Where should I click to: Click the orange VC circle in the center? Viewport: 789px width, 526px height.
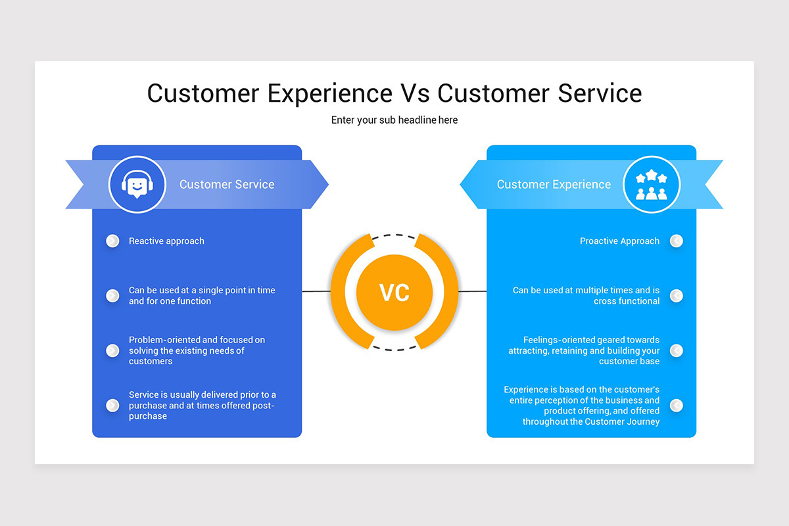tap(394, 293)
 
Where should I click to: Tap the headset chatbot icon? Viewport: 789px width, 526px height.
tap(137, 185)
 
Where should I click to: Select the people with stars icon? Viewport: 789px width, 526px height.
tap(651, 185)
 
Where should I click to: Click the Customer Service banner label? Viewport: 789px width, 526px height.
tap(227, 185)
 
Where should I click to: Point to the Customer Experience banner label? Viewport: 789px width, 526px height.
tap(554, 185)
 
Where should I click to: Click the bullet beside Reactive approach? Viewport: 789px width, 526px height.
tap(112, 241)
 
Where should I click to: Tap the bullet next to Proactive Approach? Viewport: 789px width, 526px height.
tap(676, 241)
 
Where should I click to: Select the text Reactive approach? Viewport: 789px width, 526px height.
tap(166, 241)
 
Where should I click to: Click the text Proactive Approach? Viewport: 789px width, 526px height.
tap(619, 241)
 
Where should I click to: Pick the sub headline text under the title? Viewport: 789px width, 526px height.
tap(394, 120)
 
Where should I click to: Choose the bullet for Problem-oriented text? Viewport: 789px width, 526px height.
tap(112, 350)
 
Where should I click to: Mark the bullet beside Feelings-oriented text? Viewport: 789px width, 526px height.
tap(676, 350)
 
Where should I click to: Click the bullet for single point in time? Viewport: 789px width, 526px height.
tap(112, 296)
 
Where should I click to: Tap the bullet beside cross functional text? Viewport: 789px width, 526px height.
tap(676, 296)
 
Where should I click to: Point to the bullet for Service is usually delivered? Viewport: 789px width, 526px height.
tap(112, 405)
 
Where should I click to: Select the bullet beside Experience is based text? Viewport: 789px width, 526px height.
tap(676, 405)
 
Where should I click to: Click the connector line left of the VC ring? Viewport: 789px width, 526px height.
tap(316, 291)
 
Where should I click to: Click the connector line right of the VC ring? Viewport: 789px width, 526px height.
tap(473, 291)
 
